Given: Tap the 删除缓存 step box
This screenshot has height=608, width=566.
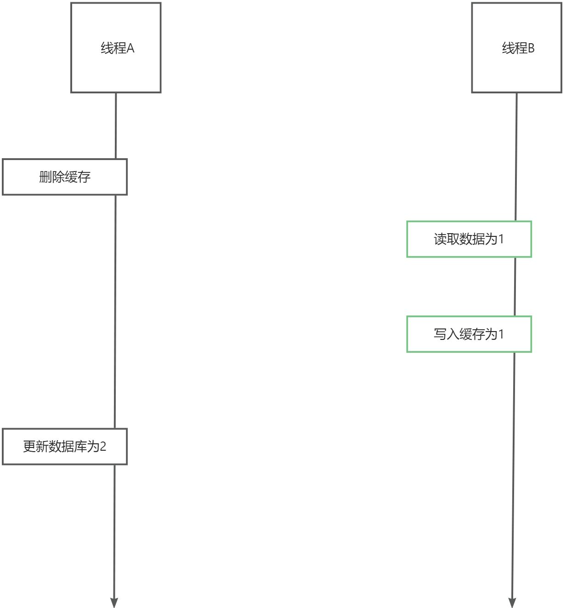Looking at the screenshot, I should tap(65, 177).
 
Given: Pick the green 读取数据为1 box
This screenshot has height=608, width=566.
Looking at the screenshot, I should tap(469, 239).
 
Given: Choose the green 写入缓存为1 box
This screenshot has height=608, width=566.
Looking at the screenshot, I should tap(469, 334).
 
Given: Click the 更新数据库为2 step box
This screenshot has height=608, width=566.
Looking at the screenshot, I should tap(65, 447).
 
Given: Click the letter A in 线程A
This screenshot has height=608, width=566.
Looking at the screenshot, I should tap(130, 48).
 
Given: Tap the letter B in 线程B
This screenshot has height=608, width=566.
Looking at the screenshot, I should tap(531, 48).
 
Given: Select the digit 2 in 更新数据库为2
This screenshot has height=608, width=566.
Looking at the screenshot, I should tap(103, 447).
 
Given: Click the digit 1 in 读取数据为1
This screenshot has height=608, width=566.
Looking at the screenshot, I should tap(501, 239).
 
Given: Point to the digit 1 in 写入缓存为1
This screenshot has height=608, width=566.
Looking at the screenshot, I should tap(501, 334).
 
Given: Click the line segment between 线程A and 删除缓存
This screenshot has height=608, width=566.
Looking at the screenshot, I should tap(115, 126).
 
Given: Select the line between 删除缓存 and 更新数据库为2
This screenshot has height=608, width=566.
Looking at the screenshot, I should tap(115, 311).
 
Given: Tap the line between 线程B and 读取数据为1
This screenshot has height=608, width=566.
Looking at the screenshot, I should tap(516, 156).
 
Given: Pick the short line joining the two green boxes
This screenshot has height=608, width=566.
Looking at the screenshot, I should tap(515, 287).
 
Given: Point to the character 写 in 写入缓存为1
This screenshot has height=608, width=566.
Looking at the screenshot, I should tap(440, 334).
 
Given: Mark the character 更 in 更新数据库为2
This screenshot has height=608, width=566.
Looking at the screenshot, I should tap(29, 447).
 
